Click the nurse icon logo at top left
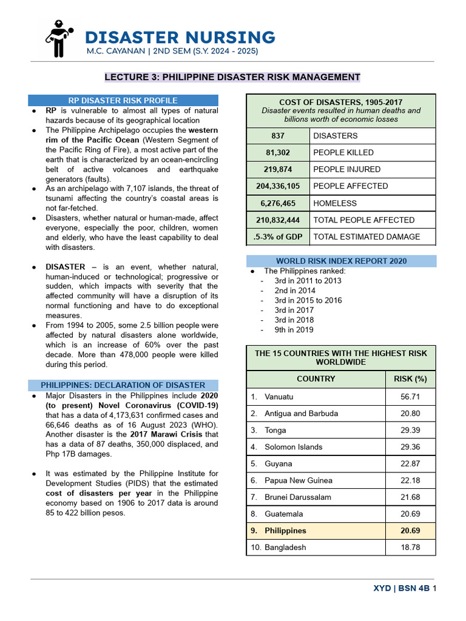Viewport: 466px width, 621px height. [58, 39]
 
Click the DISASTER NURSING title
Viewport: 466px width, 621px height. [180, 37]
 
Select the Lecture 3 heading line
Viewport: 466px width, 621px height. [232, 77]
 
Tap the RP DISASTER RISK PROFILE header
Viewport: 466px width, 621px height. [123, 101]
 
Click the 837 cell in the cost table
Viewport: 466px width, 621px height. [278, 136]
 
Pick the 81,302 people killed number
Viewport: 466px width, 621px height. [278, 153]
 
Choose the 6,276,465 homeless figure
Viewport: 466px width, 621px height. [278, 203]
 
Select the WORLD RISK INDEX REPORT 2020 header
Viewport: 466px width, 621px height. [341, 261]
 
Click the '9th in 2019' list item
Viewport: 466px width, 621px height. [294, 330]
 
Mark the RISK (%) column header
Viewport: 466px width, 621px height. [410, 379]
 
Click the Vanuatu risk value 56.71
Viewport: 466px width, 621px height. [410, 397]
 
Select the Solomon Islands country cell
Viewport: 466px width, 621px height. [294, 447]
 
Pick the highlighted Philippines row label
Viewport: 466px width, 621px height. [285, 531]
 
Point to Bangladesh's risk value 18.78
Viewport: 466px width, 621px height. [410, 547]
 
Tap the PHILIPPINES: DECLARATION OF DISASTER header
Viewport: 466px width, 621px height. [123, 385]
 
